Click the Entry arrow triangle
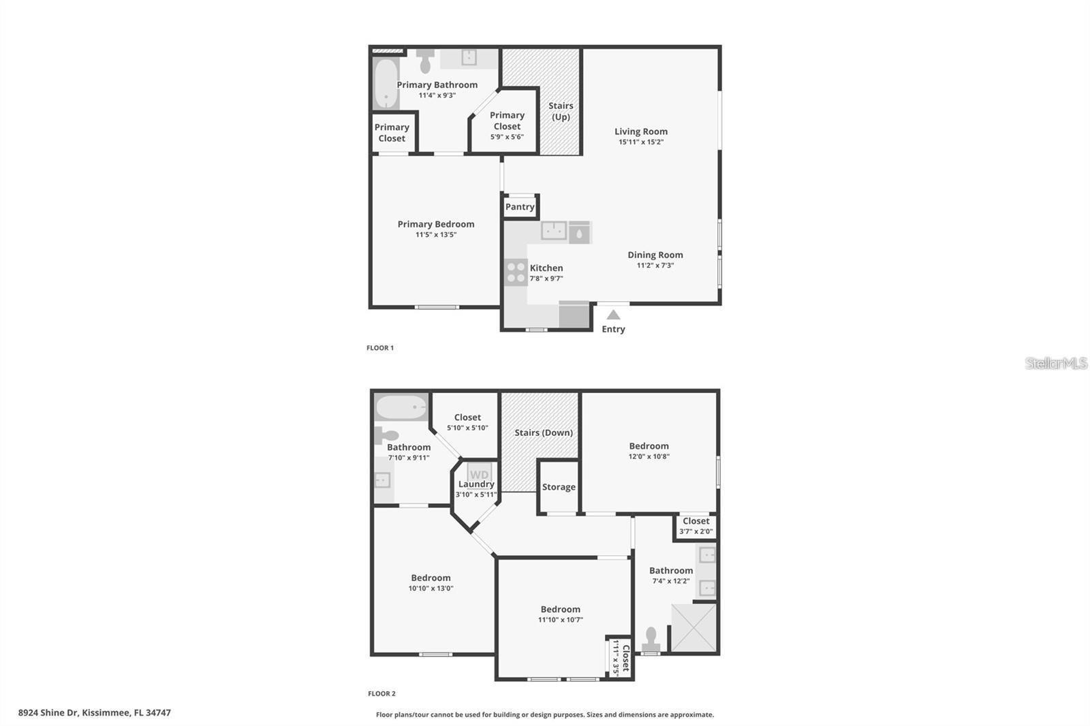(x=613, y=315)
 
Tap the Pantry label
(x=520, y=207)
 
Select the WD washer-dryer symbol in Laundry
(x=479, y=474)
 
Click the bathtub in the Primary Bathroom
(x=386, y=84)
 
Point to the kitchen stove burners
(x=516, y=272)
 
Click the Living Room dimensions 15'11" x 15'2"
(x=641, y=142)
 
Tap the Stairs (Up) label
(x=561, y=111)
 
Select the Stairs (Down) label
(x=544, y=432)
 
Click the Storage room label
(x=559, y=487)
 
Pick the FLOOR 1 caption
(x=380, y=348)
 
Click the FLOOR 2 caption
(x=381, y=694)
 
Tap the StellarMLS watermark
(x=1056, y=363)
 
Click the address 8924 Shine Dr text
(x=94, y=713)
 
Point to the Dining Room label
(x=655, y=255)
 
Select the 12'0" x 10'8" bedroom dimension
(x=649, y=456)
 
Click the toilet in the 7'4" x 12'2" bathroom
(x=651, y=639)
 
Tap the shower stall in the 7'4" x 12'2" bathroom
(x=694, y=627)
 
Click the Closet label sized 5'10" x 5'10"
(x=467, y=417)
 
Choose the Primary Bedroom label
(x=436, y=224)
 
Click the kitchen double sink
(x=554, y=232)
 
